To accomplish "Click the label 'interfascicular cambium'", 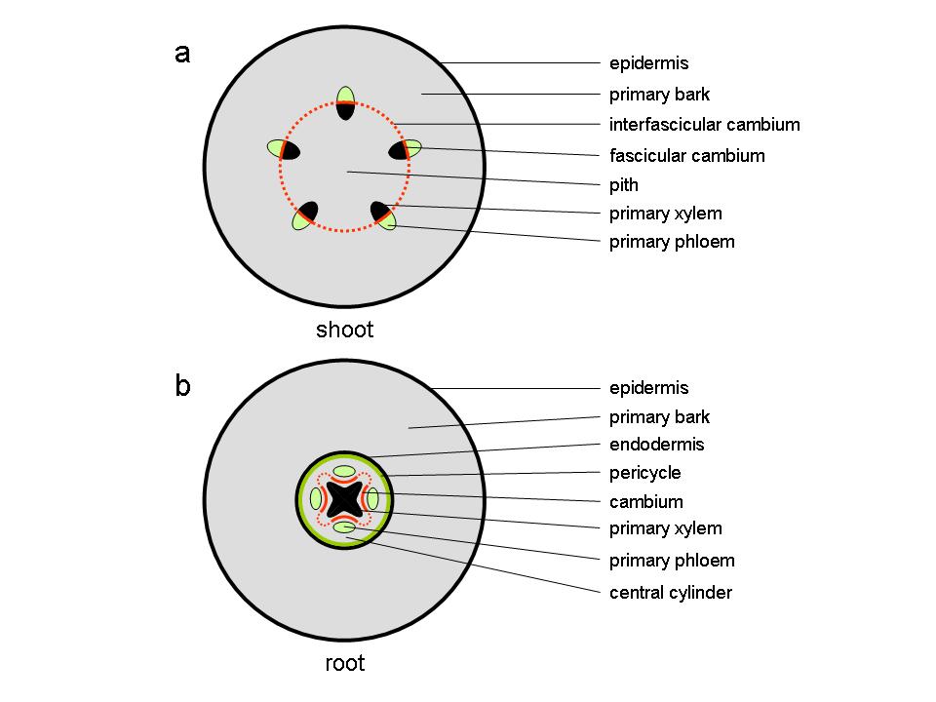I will pyautogui.click(x=704, y=125).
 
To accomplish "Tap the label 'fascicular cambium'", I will pyautogui.click(x=686, y=155).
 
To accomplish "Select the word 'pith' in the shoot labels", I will pyautogui.click(x=624, y=184).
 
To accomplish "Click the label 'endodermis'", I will pyautogui.click(x=656, y=445).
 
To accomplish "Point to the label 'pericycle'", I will pyautogui.click(x=644, y=473).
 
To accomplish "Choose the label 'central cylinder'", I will pyautogui.click(x=670, y=592).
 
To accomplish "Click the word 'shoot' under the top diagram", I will pyautogui.click(x=344, y=330).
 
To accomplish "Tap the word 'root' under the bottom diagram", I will pyautogui.click(x=344, y=664).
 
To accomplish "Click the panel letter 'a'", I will pyautogui.click(x=182, y=53).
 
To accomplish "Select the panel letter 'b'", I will pyautogui.click(x=182, y=386).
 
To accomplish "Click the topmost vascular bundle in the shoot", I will pyautogui.click(x=345, y=102).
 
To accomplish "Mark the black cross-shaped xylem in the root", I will pyautogui.click(x=344, y=499).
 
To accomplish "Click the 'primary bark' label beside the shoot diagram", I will pyautogui.click(x=659, y=95).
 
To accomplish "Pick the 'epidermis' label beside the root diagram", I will pyautogui.click(x=648, y=388).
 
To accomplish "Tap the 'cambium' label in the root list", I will pyautogui.click(x=645, y=502).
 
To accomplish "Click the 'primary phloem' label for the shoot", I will pyautogui.click(x=672, y=242).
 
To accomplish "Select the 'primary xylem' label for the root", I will pyautogui.click(x=665, y=528).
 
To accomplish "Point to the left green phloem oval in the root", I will pyautogui.click(x=317, y=499).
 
